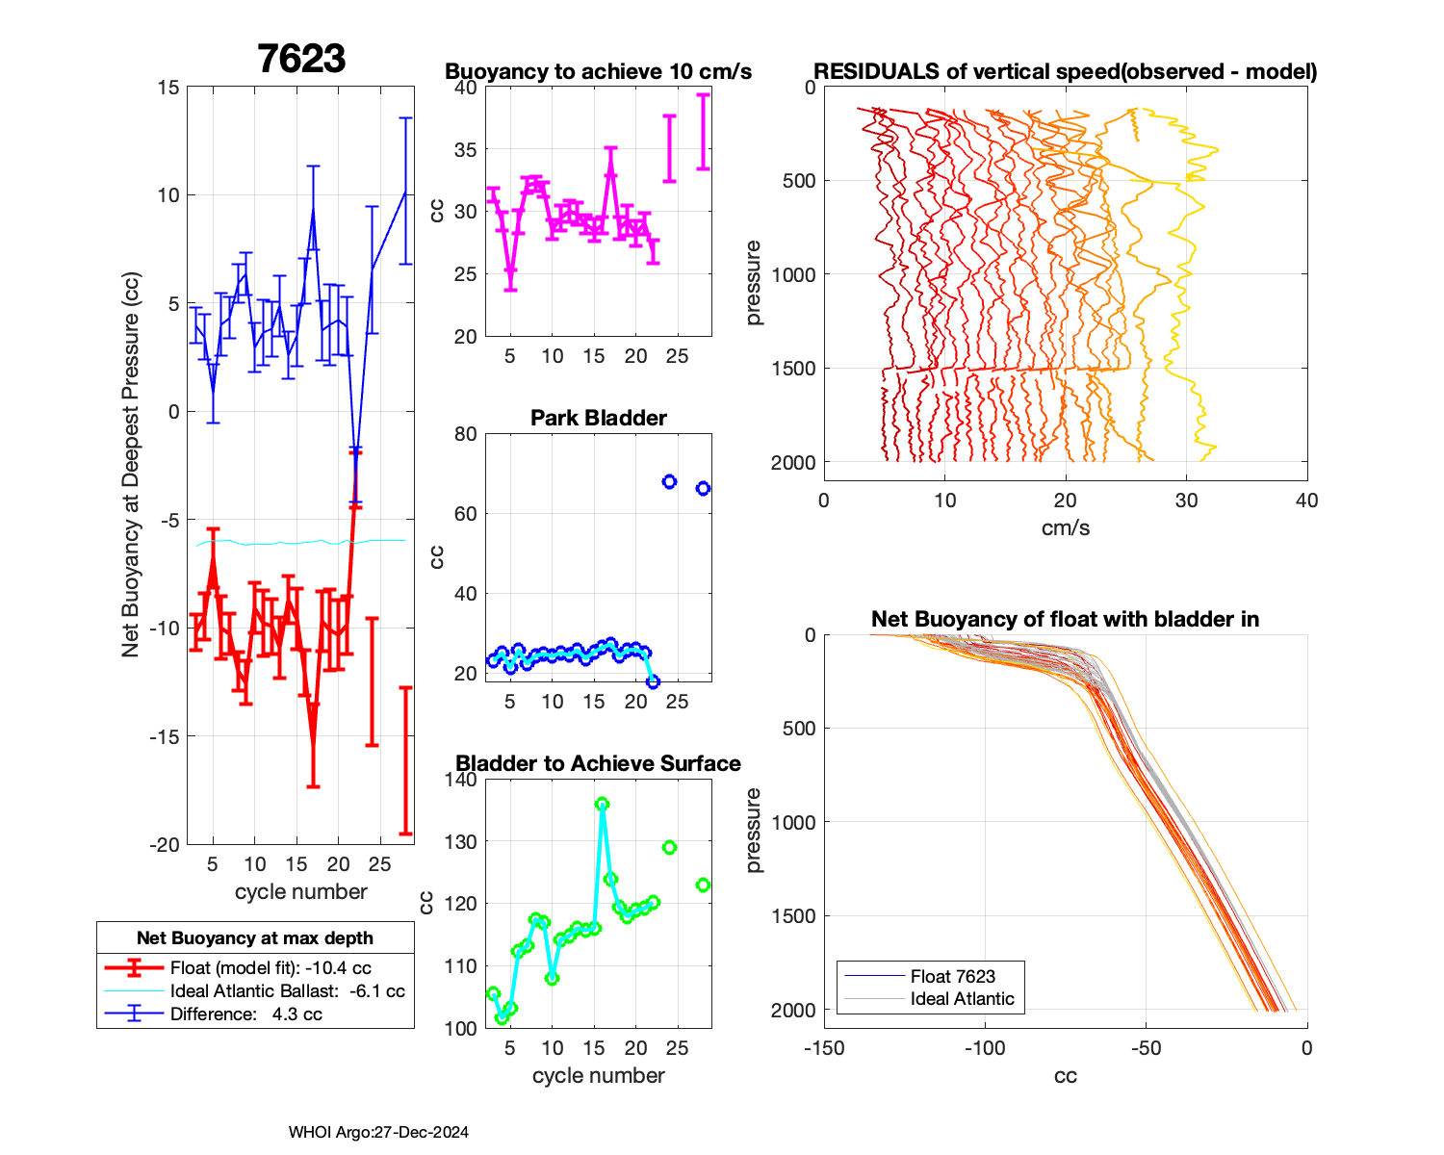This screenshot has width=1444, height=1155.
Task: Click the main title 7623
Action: click(301, 59)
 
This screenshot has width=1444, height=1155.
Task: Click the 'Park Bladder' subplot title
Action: click(599, 418)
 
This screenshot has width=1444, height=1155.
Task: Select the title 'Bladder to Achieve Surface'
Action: click(599, 763)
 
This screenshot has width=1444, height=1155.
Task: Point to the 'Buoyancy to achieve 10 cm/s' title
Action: click(599, 71)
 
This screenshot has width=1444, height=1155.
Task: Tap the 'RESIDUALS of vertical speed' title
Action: click(1066, 71)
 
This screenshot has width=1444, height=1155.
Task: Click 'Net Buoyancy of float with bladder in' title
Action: click(1066, 619)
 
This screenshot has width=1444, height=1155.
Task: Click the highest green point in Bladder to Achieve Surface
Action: click(602, 804)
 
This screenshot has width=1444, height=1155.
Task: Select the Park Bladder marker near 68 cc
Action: click(670, 481)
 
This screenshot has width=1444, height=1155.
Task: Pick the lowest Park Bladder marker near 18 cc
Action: click(653, 681)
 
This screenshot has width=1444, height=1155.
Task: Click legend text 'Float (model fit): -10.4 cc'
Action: click(271, 968)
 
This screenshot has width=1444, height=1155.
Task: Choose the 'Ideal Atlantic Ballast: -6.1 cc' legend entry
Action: click(287, 991)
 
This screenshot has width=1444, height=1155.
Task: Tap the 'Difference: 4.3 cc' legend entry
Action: click(245, 1014)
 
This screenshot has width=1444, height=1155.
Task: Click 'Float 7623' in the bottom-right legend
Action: click(952, 976)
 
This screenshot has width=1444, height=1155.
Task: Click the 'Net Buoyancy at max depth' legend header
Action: click(255, 937)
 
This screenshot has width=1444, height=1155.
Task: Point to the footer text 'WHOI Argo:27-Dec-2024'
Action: click(378, 1132)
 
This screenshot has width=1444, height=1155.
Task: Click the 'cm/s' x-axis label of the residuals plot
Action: click(1066, 527)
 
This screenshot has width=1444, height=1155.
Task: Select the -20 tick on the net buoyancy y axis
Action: click(165, 844)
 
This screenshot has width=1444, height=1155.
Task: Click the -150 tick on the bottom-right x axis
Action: click(824, 1047)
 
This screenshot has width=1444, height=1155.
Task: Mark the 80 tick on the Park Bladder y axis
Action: click(466, 433)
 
